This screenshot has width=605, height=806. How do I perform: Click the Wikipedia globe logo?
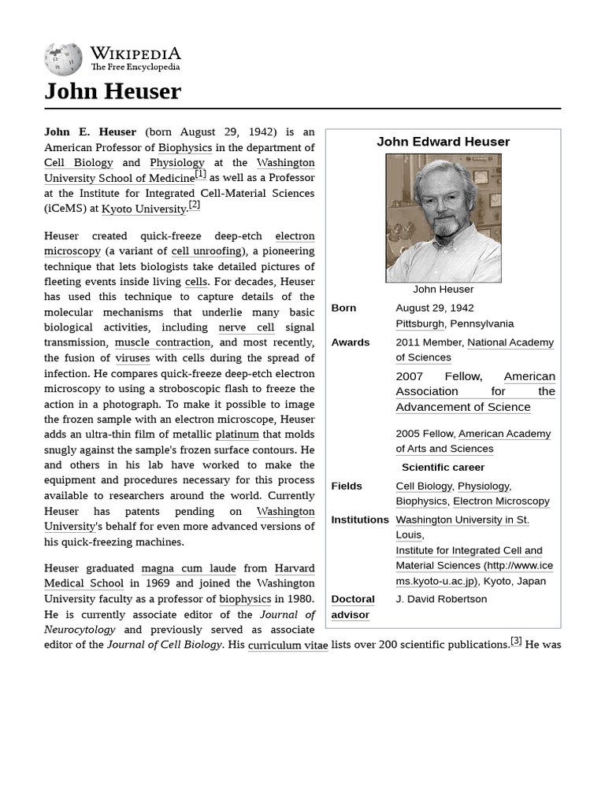[x=63, y=58]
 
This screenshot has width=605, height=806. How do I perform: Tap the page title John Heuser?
[x=113, y=91]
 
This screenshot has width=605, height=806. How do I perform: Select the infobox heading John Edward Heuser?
[x=443, y=142]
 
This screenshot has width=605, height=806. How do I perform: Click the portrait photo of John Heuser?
[x=443, y=218]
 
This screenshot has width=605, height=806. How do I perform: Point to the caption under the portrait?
[x=443, y=289]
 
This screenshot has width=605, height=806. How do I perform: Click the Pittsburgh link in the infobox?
[x=419, y=324]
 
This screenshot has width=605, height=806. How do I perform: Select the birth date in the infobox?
[x=435, y=308]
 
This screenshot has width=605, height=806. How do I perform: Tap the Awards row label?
[x=351, y=342]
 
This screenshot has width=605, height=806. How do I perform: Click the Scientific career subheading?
[x=443, y=468]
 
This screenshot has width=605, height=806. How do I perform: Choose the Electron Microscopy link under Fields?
[x=501, y=501]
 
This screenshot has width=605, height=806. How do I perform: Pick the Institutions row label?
[x=360, y=520]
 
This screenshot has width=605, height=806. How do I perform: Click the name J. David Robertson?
[x=441, y=599]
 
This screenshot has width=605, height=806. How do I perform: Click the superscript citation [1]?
[x=201, y=174]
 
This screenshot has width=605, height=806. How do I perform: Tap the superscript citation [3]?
[x=516, y=641]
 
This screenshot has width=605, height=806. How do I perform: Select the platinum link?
[x=237, y=434]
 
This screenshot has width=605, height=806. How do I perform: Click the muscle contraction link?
[x=162, y=342]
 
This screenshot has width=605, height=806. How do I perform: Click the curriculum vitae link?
[x=288, y=645]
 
